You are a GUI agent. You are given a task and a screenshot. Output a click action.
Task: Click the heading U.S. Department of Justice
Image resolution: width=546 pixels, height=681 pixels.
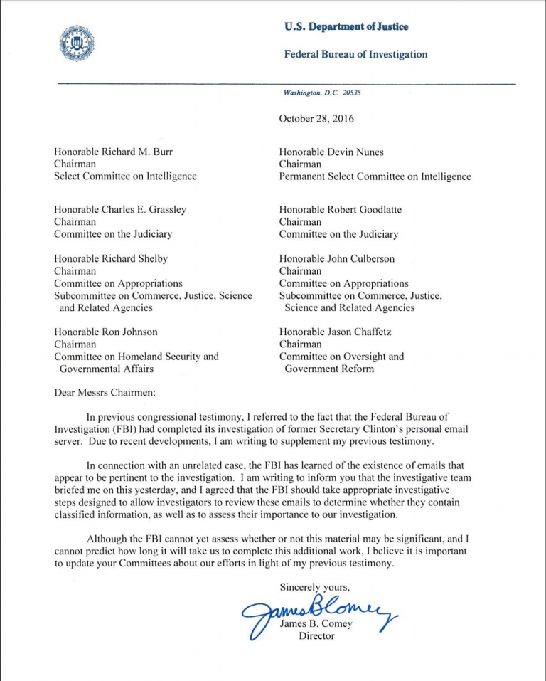tap(346, 27)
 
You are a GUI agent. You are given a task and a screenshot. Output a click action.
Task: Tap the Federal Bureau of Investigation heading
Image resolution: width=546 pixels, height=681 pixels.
tap(355, 54)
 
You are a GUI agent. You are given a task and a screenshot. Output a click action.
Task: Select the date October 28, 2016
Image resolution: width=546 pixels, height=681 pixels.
tap(316, 119)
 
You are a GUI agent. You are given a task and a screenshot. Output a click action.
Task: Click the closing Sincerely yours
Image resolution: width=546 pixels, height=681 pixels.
tap(314, 586)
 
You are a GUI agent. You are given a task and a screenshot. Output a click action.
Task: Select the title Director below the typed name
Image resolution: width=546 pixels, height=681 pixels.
tap(316, 635)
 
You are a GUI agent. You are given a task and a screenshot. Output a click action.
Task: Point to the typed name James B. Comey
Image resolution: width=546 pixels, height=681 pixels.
tap(316, 624)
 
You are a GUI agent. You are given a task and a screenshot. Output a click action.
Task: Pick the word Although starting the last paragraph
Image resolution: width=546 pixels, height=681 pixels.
tap(108, 539)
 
